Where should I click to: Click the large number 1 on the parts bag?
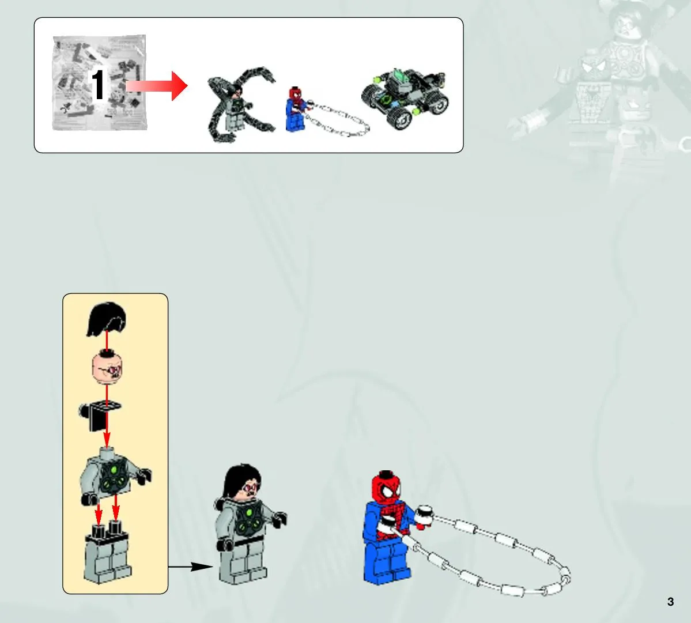pyautogui.click(x=97, y=85)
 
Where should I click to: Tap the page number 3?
pyautogui.click(x=670, y=602)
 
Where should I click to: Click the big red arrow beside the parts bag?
pyautogui.click(x=157, y=86)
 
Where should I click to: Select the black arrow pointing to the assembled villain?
pyautogui.click(x=190, y=567)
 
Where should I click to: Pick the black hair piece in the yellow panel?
pyautogui.click(x=107, y=319)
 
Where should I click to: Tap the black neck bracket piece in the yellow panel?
pyautogui.click(x=100, y=416)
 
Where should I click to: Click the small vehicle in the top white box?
pyautogui.click(x=404, y=98)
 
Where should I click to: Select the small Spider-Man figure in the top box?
pyautogui.click(x=297, y=110)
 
